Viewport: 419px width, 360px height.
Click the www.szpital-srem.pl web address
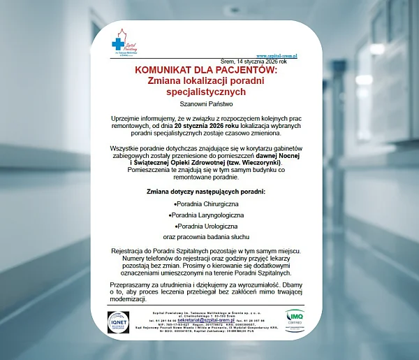pos(277,55)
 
